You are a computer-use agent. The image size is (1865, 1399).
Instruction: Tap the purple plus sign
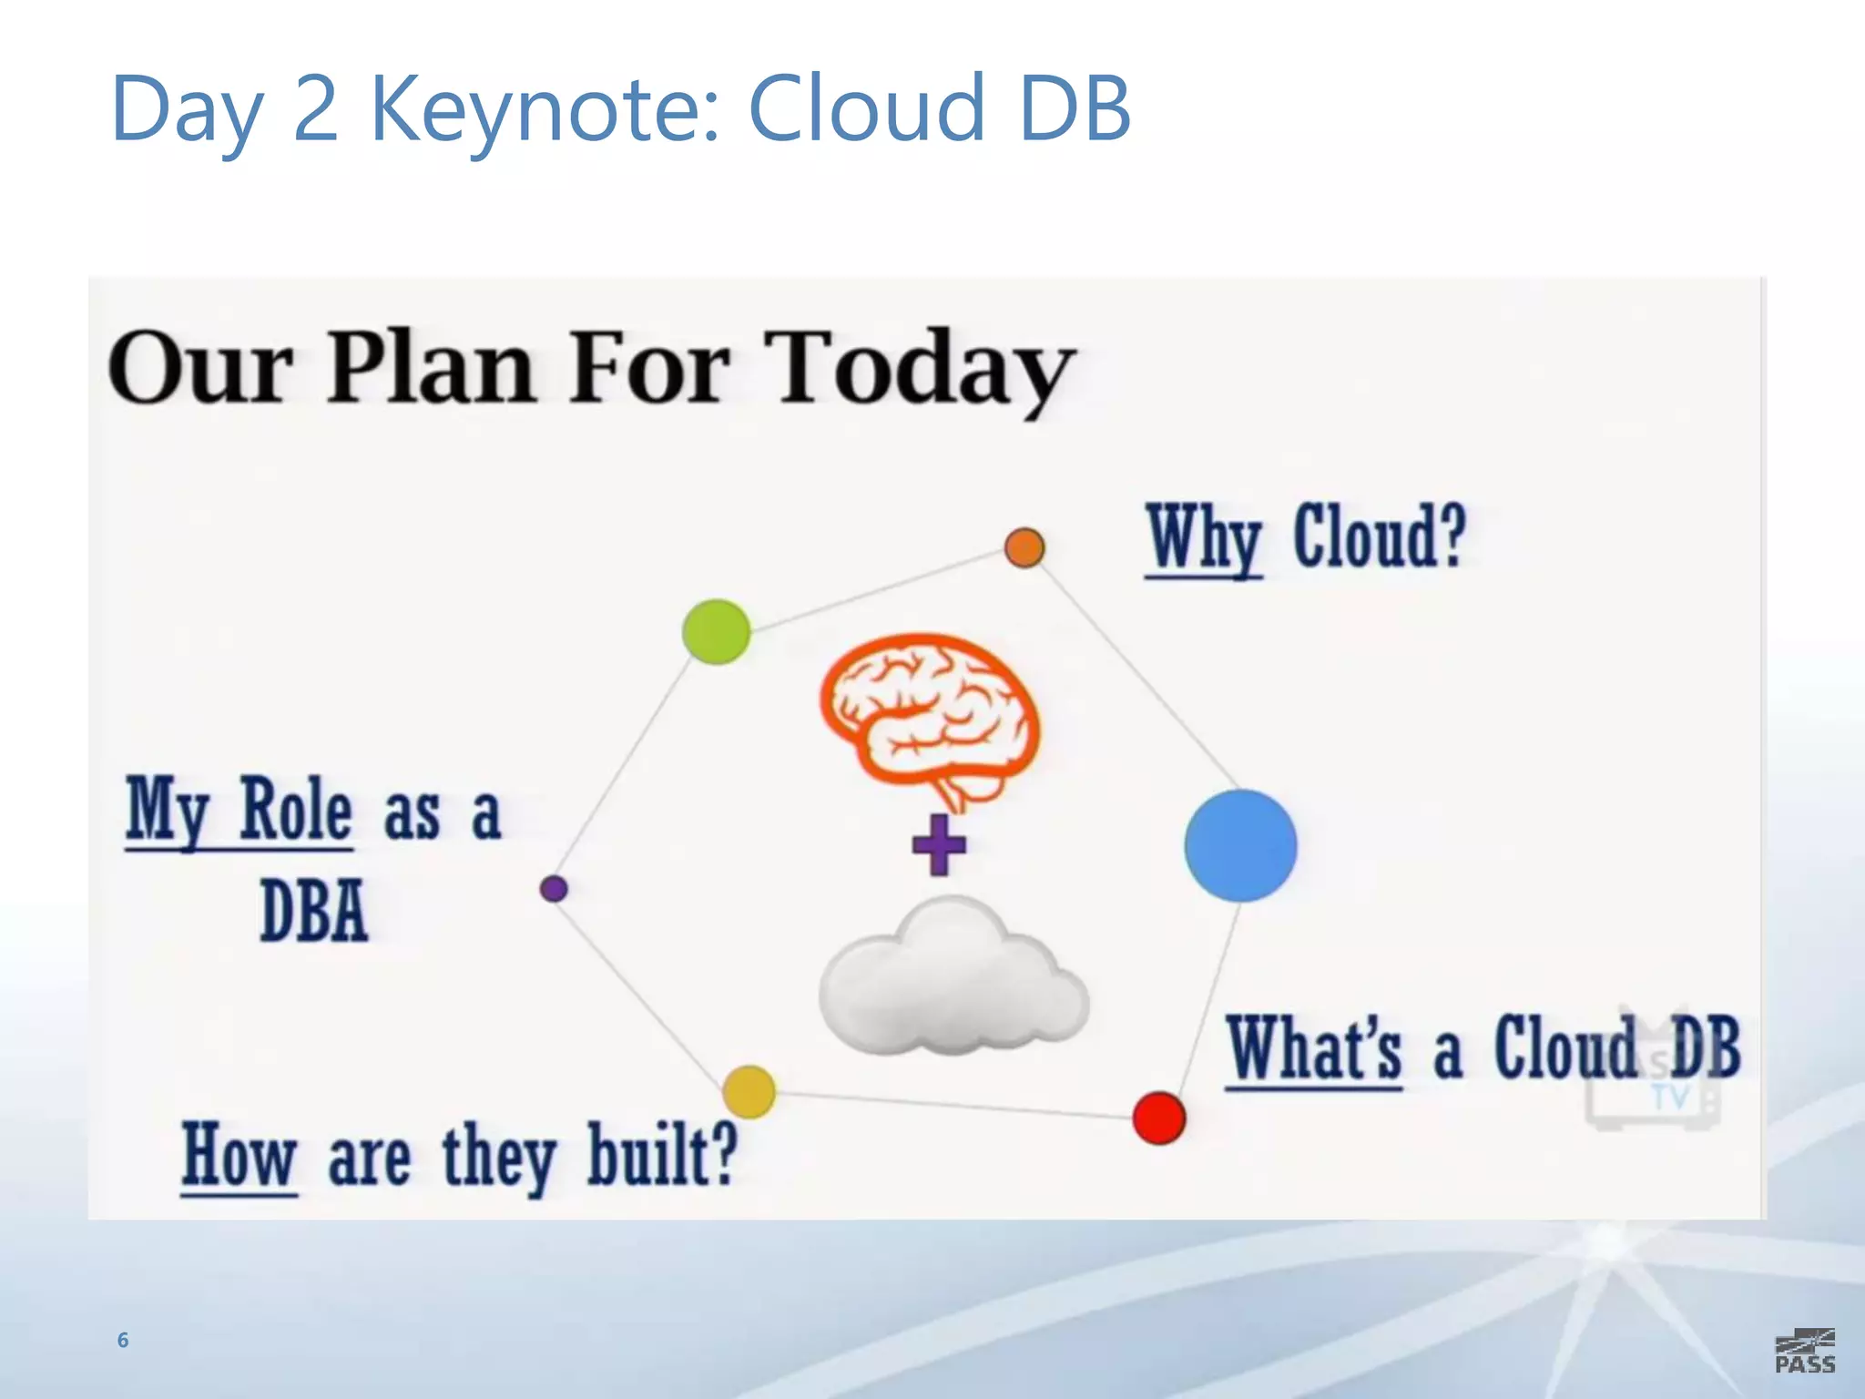point(939,844)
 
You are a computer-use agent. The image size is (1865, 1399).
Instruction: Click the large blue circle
point(1240,845)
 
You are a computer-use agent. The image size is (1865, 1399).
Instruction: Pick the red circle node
point(1159,1118)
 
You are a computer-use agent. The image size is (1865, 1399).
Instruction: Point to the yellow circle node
point(749,1091)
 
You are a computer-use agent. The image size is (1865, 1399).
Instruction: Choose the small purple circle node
point(554,888)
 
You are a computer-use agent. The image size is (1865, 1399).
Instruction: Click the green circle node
point(717,631)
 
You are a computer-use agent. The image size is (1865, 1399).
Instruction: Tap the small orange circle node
point(1024,547)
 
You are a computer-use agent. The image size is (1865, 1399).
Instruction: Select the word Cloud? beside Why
point(1380,537)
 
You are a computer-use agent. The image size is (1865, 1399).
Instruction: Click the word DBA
point(314,911)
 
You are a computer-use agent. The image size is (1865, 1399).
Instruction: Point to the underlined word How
point(239,1155)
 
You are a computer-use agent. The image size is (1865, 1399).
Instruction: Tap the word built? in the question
point(662,1155)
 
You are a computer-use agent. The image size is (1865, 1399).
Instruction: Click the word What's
point(1314,1049)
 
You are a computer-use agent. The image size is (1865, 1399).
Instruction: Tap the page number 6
point(123,1340)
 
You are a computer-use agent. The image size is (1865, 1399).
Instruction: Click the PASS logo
point(1805,1351)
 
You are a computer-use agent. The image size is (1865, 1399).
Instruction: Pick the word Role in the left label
point(296,811)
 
